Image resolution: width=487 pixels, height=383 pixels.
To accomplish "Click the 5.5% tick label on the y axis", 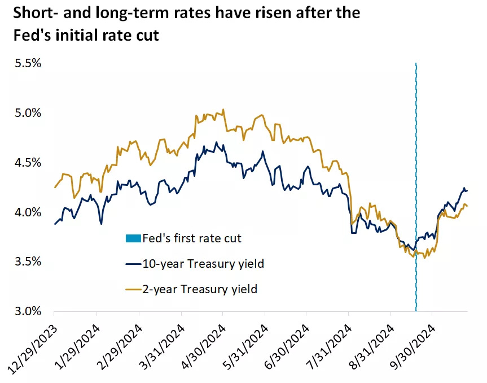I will (28, 63).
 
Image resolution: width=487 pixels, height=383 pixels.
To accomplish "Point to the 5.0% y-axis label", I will (28, 113).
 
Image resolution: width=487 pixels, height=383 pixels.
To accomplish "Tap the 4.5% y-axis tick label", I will (28, 163).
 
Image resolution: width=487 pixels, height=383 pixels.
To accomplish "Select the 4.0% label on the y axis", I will (28, 212).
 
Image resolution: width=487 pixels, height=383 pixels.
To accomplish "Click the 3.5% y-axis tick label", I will (28, 262).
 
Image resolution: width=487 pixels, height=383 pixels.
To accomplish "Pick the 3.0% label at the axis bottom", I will (28, 311).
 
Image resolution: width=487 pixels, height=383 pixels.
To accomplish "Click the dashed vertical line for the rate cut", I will (416, 169).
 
